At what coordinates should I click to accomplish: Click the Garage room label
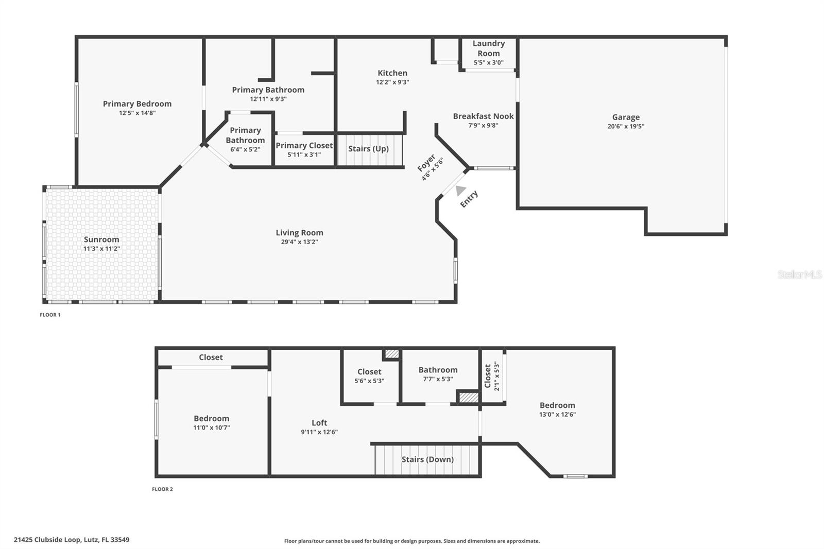coord(626,117)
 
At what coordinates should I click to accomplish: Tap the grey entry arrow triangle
coord(460,191)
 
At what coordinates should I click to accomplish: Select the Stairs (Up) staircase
coord(369,149)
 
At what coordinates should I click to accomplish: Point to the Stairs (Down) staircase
coord(427,459)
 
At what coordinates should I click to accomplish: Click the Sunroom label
coord(101,239)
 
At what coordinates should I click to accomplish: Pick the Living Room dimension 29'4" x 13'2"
coord(299,242)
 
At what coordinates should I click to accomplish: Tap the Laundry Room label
coord(489,48)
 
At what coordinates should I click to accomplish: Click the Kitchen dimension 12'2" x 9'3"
coord(392,82)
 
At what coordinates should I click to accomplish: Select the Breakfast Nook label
coord(483,116)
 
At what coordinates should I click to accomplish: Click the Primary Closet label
coord(304,146)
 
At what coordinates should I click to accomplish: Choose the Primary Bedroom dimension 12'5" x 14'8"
coord(137,113)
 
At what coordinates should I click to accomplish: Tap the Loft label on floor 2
coord(319,423)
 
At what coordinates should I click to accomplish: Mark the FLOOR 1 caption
coord(50,315)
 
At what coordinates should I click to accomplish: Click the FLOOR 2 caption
coord(162,489)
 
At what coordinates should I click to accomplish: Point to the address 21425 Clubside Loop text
coord(72,540)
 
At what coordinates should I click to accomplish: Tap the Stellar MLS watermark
coord(799,274)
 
